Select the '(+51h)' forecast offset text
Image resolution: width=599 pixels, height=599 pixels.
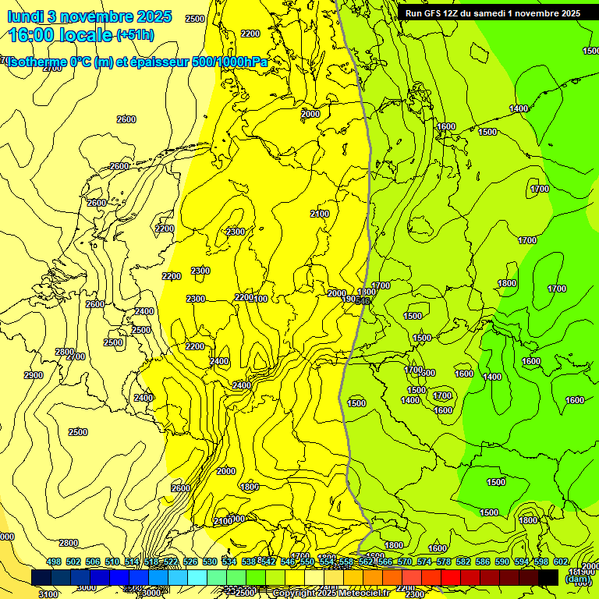pyautogui.click(x=135, y=35)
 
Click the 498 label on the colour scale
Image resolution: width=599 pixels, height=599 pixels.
pyautogui.click(x=54, y=562)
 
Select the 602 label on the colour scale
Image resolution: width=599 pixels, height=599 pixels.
pyautogui.click(x=561, y=562)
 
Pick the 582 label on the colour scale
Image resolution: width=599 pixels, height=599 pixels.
pyautogui.click(x=463, y=562)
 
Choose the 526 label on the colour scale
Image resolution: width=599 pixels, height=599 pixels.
pyautogui.click(x=190, y=562)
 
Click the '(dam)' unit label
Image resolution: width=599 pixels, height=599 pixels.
pyautogui.click(x=578, y=580)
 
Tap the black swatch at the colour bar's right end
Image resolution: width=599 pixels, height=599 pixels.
pyautogui.click(x=548, y=577)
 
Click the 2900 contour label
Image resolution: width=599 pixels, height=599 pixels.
pyautogui.click(x=34, y=375)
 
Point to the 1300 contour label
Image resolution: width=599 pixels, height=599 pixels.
pyautogui.click(x=367, y=292)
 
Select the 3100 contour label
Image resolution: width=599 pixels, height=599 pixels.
pyautogui.click(x=48, y=594)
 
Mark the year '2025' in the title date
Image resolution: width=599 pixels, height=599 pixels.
pyautogui.click(x=154, y=16)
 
